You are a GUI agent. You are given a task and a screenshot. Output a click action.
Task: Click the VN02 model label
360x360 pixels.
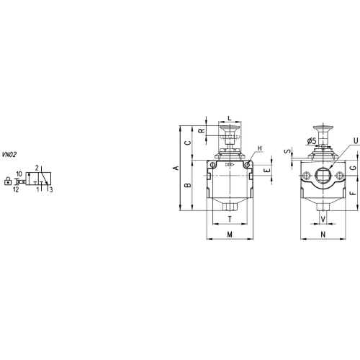point(9,155)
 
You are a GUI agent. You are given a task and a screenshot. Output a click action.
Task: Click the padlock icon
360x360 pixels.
point(8,181)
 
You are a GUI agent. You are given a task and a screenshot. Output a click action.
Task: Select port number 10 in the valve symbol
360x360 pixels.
point(19,174)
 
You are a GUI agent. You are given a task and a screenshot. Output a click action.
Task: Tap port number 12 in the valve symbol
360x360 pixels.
point(16,189)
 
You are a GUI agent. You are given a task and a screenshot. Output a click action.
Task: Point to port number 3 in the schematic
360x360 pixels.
point(51,190)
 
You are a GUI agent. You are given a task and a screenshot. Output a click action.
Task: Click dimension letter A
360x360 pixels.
point(176,168)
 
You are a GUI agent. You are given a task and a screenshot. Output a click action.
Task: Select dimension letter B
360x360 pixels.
point(189,185)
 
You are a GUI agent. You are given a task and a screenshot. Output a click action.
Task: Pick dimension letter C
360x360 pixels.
point(189,143)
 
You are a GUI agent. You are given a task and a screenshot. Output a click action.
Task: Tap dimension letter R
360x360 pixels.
point(202,130)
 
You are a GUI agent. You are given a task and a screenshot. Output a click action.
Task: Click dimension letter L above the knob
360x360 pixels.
point(230,118)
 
